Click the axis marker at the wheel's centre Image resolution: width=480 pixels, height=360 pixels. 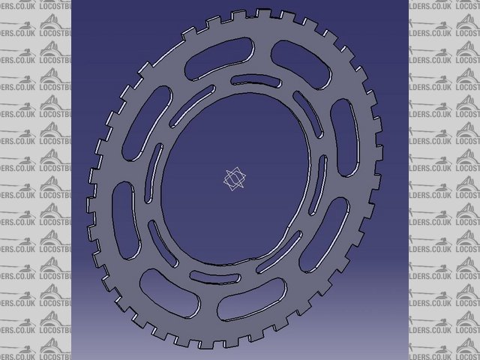(235, 179)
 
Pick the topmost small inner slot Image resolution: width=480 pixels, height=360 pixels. (250, 79)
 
